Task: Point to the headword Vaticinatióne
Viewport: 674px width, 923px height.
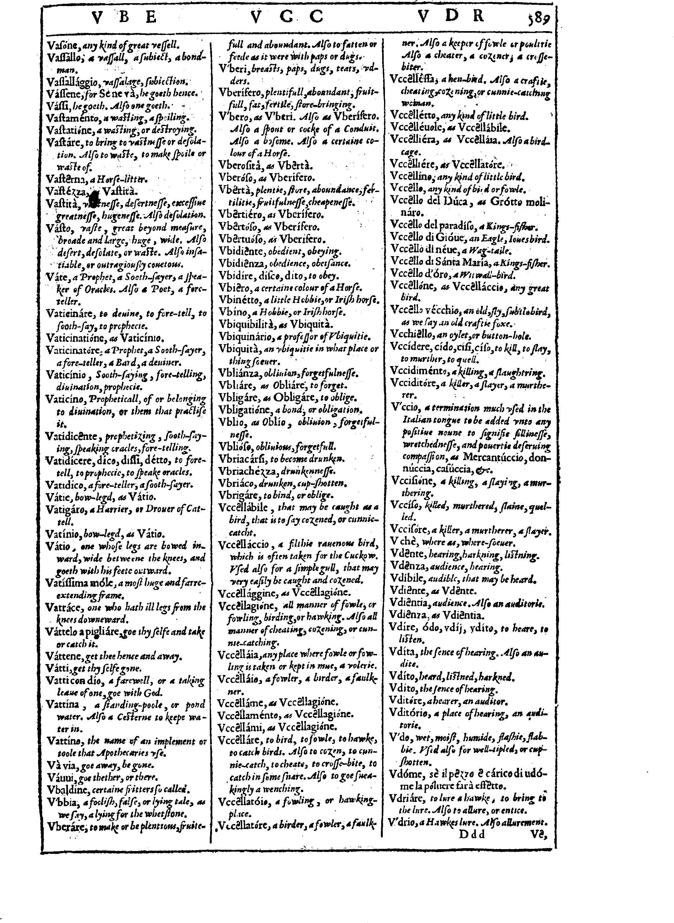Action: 76,338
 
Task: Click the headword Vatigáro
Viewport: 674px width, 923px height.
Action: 64,509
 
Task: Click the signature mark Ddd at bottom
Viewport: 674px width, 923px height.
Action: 472,834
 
